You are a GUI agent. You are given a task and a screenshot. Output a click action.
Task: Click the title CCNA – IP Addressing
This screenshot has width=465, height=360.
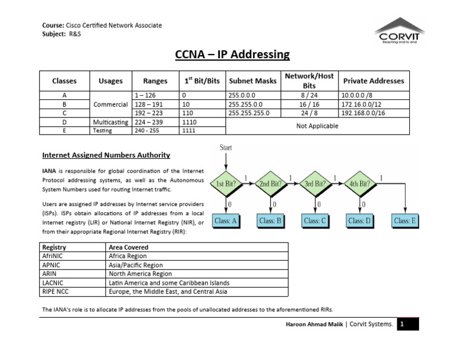[x=232, y=55]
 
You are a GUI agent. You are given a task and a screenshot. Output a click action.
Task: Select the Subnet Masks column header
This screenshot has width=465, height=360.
[x=252, y=81]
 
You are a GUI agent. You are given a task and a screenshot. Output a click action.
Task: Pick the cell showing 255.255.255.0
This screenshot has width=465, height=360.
[x=249, y=113]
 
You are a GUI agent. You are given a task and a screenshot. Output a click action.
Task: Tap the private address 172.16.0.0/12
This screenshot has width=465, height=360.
[x=363, y=104]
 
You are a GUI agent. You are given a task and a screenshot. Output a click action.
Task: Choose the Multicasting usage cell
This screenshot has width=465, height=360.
[x=110, y=121]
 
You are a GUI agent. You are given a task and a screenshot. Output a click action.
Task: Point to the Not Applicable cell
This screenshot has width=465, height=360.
[x=317, y=125]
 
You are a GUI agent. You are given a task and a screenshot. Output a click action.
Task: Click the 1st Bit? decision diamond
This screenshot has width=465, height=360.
[x=226, y=183]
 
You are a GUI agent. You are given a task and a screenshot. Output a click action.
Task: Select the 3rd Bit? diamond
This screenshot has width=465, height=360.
[x=316, y=183]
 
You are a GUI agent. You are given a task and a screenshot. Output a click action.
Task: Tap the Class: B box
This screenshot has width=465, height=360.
[x=271, y=221]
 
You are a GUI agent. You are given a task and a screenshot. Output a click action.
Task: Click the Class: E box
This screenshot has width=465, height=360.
[x=406, y=221]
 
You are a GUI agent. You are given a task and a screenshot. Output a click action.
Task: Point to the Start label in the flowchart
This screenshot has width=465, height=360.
[x=226, y=147]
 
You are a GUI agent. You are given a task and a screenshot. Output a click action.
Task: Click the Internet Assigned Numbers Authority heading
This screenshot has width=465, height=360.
[x=105, y=155]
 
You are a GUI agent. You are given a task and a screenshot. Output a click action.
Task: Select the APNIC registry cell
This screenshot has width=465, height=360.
[x=51, y=265]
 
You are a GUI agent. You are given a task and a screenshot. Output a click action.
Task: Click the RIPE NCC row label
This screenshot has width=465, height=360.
[x=56, y=291]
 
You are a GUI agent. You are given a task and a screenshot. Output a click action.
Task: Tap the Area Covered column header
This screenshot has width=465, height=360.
[x=128, y=247]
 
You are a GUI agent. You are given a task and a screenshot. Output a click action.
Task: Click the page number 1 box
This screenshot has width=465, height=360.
[x=401, y=324]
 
